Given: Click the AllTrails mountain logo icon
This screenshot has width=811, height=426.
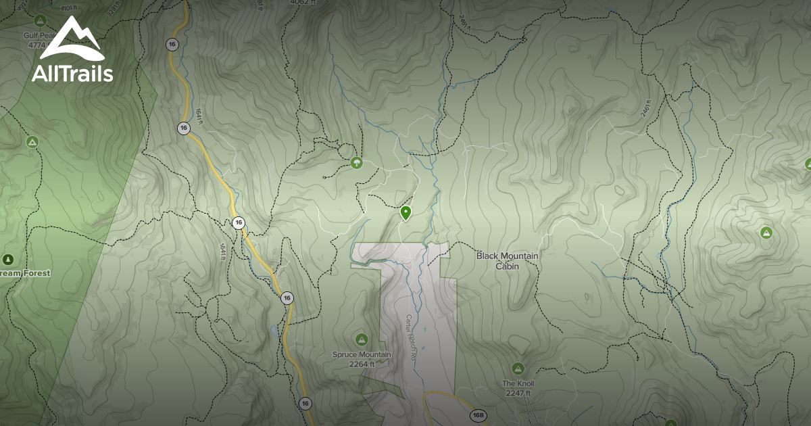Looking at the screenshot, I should pos(72,39).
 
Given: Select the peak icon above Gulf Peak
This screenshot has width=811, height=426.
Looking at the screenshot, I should pos(40,20).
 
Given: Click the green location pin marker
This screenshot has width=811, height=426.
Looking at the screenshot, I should pos(405,213).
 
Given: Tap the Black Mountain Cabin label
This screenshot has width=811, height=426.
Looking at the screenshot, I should pos(507,261).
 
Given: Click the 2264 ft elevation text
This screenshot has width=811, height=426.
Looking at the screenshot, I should pos(362,364).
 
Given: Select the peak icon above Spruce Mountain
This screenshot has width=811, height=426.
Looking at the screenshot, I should pos(362,339).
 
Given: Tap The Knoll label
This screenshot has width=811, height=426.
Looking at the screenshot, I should pos(518,383).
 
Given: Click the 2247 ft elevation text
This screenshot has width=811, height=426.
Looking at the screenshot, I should pos(518,393).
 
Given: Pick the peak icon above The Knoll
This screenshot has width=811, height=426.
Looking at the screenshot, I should pos(518,369).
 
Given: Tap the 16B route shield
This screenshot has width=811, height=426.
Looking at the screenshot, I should pos(478,415).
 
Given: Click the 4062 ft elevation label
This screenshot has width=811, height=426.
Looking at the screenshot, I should pos(303,3).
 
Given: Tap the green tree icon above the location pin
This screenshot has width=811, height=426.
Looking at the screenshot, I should pos(356,162).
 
